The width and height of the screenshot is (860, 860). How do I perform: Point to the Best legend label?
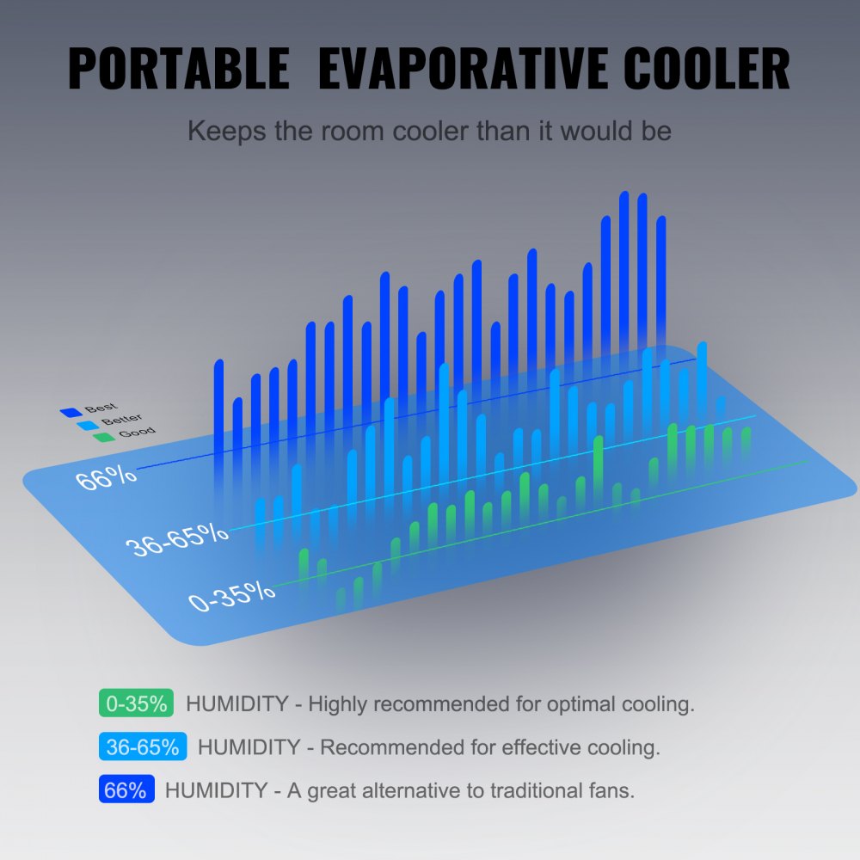pos(101,408)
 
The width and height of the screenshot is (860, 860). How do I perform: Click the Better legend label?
pos(121,420)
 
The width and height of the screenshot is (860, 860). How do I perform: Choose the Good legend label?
pos(137,432)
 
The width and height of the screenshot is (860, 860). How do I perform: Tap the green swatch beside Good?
pos(104,437)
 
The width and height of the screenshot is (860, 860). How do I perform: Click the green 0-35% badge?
pos(136,703)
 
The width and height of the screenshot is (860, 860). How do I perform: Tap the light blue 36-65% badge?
pos(143,746)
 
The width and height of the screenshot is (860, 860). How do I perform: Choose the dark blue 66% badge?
pos(126,789)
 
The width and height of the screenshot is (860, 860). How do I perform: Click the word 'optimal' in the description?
pos(578,704)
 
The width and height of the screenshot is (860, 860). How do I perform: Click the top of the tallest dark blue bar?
pos(624,194)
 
